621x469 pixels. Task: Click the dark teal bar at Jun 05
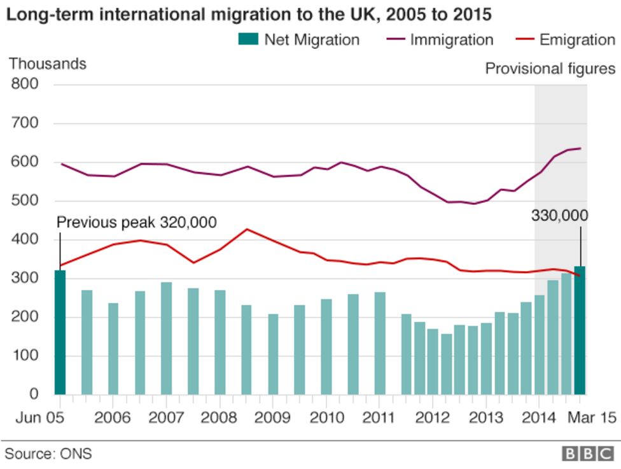60,332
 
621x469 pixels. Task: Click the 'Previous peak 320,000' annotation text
137,222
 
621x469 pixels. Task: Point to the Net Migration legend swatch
248,39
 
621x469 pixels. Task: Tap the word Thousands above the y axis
47,64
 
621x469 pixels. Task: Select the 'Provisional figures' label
550,68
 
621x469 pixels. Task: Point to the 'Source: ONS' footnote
48,454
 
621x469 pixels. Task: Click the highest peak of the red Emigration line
247,229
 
